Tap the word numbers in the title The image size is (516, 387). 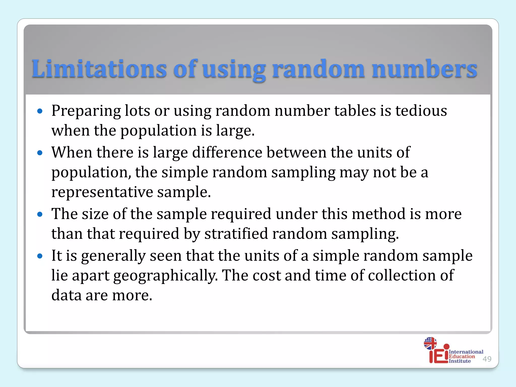[424, 69]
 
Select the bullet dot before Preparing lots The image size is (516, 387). [40, 111]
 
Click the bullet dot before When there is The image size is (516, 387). [40, 153]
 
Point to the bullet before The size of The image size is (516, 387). [40, 214]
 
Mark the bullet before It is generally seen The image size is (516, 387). [40, 256]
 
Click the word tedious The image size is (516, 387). [421, 111]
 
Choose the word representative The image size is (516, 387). [102, 192]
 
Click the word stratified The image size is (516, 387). [236, 234]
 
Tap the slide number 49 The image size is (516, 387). [487, 359]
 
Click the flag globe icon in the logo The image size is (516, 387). [430, 343]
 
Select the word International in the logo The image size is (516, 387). [466, 352]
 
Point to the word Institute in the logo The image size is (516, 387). [460, 361]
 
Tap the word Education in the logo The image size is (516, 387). [462, 356]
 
